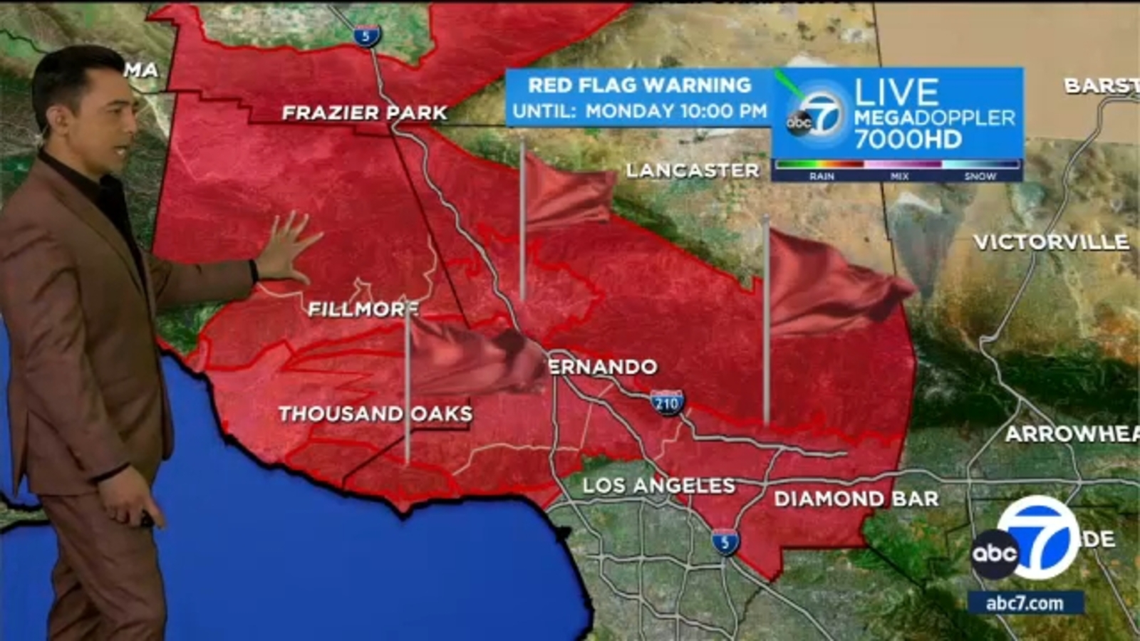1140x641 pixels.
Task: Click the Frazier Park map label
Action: (x=364, y=113)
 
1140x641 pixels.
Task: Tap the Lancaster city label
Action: (x=692, y=170)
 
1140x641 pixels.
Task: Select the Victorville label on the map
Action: (x=1051, y=242)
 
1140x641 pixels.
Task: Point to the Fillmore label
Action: (x=363, y=309)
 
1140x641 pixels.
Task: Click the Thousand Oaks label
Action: (x=375, y=414)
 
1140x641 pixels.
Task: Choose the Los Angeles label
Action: (x=658, y=486)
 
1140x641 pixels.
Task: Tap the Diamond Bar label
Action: (x=856, y=499)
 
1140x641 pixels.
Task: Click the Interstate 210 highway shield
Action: (x=667, y=403)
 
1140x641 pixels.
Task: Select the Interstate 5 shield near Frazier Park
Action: (x=366, y=35)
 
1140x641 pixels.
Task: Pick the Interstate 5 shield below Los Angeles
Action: (x=725, y=542)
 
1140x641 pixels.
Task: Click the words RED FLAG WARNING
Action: (x=639, y=85)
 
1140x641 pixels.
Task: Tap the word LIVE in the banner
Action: (x=896, y=93)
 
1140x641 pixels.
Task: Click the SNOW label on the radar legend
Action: (x=980, y=176)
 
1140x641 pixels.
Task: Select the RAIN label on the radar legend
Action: (x=822, y=176)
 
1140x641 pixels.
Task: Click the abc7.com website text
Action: (x=1025, y=603)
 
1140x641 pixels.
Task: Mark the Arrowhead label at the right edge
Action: (x=1072, y=434)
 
